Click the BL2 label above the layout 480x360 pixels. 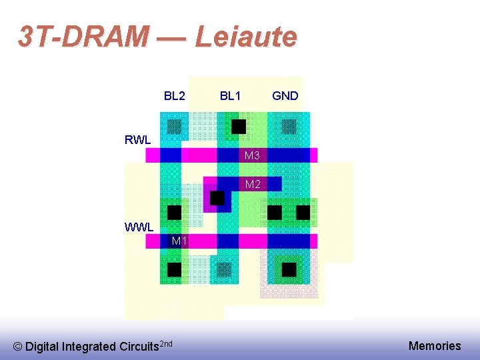coord(175,96)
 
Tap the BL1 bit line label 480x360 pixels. coord(231,96)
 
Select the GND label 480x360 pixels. coord(285,96)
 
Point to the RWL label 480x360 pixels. coord(138,140)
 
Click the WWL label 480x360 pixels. coord(139,227)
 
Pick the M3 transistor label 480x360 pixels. coord(252,156)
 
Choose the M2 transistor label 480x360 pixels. coord(253,184)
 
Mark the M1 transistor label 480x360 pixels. coord(179,241)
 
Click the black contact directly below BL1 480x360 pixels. coord(238,126)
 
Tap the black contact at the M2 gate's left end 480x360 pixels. coord(217,198)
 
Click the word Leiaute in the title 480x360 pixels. coord(245,37)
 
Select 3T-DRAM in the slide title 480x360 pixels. coord(84,37)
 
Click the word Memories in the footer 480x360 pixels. coord(435,345)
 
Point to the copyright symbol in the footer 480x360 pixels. coord(17,347)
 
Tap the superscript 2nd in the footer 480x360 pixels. coord(167,343)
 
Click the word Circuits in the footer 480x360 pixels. coord(140,347)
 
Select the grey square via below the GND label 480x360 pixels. coord(289,125)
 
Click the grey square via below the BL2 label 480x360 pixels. coord(174,125)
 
